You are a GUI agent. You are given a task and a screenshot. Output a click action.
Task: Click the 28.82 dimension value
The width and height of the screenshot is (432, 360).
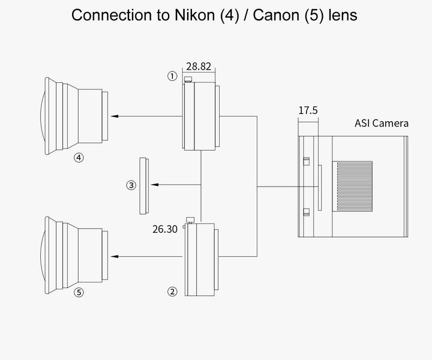[x=199, y=67]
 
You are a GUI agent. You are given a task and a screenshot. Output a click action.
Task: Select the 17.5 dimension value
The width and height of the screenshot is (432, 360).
[x=308, y=110]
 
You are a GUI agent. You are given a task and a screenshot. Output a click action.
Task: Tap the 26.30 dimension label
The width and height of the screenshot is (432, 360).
[x=165, y=229]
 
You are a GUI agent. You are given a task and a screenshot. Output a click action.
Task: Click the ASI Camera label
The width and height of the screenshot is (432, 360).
[x=381, y=124]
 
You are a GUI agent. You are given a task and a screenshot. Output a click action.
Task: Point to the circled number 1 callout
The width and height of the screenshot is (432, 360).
[x=172, y=76]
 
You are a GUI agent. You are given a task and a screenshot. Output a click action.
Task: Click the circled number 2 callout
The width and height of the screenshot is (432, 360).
[x=172, y=292]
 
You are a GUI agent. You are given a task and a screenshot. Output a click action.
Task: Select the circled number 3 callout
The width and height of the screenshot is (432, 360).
[x=131, y=185]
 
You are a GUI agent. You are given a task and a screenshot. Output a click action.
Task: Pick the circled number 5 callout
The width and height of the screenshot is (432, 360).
[x=78, y=293]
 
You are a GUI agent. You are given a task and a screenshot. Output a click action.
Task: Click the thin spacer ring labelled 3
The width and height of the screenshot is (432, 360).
[x=143, y=185]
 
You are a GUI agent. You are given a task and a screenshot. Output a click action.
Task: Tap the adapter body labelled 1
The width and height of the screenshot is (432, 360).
[x=203, y=116]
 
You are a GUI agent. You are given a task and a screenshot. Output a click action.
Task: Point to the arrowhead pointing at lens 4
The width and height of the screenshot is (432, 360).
[x=115, y=116]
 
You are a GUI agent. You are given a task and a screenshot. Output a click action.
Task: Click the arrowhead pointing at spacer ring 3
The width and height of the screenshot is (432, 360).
[x=154, y=185]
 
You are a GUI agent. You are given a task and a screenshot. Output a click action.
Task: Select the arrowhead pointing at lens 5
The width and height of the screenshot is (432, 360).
[x=115, y=256]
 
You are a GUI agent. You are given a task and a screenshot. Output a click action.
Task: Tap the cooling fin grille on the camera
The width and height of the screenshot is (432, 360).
[x=352, y=186]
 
